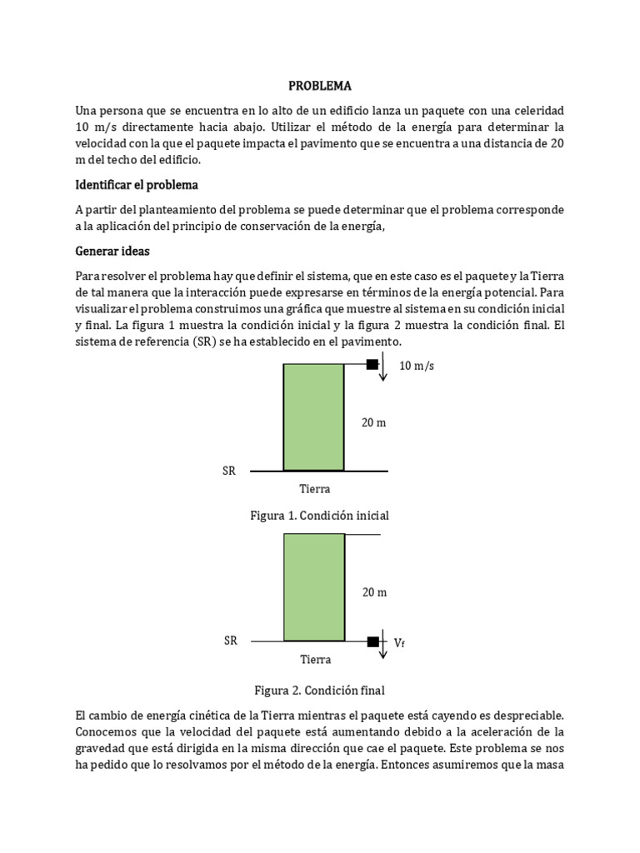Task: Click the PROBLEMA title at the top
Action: tap(320, 86)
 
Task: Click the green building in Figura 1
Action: tap(313, 417)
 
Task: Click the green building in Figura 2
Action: tap(314, 587)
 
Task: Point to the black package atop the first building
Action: tap(372, 364)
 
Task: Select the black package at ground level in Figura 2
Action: tap(372, 641)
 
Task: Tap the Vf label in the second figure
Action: tap(399, 642)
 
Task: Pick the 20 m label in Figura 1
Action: tap(373, 422)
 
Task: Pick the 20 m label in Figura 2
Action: tap(374, 592)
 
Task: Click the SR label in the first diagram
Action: tap(229, 471)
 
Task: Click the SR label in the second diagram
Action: tap(231, 641)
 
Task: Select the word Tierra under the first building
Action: tap(314, 489)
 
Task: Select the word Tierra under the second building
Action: tap(315, 660)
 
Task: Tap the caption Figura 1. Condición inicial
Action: tap(319, 516)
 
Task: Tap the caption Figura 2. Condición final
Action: tap(319, 691)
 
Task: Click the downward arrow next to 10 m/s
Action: tap(382, 367)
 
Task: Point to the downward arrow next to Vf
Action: tap(382, 645)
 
